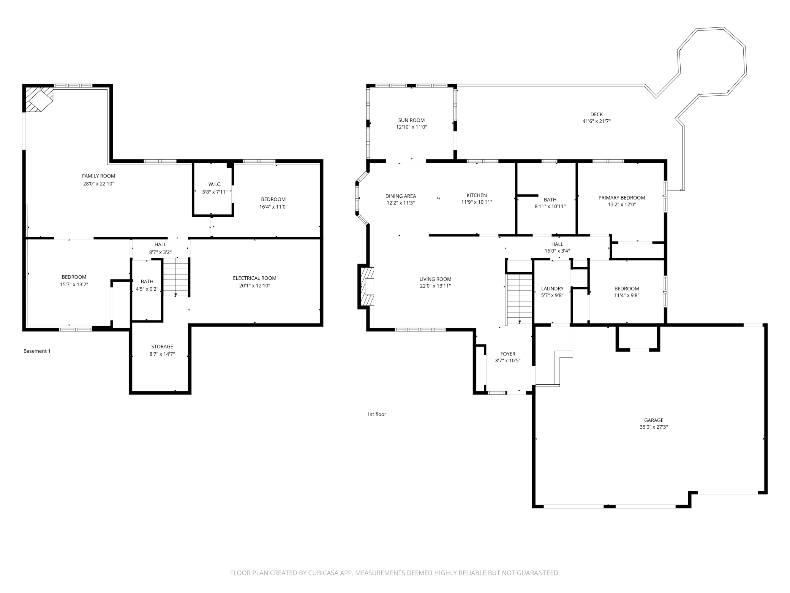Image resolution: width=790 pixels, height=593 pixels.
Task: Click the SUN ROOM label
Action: (x=411, y=120)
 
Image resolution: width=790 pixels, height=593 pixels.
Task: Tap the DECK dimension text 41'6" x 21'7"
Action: (x=596, y=121)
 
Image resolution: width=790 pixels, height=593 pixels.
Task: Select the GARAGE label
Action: (x=654, y=420)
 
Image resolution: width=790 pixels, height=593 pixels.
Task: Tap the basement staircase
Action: (x=176, y=277)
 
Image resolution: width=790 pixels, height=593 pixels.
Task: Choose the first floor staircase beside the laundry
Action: (x=519, y=298)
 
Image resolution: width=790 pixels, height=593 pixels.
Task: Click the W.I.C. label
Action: (x=215, y=184)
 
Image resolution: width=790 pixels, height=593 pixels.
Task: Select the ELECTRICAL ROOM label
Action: (x=254, y=278)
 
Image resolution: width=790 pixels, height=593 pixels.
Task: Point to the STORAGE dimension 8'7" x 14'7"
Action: (x=162, y=354)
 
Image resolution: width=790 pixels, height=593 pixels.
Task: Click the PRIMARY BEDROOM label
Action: (x=622, y=198)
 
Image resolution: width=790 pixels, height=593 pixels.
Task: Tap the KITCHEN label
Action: (x=477, y=195)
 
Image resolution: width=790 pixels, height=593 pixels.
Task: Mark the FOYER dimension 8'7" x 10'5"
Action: (x=508, y=361)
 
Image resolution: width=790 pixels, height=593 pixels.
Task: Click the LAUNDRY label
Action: (x=552, y=289)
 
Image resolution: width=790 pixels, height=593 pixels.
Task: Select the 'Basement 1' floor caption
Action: (x=37, y=351)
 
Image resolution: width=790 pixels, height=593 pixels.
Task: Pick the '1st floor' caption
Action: (x=376, y=414)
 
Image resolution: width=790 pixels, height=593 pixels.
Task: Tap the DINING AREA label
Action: (x=401, y=196)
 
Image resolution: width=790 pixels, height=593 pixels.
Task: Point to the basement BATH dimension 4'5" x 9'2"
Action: (x=147, y=289)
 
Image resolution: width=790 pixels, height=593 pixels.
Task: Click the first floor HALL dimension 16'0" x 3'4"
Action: (x=557, y=251)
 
